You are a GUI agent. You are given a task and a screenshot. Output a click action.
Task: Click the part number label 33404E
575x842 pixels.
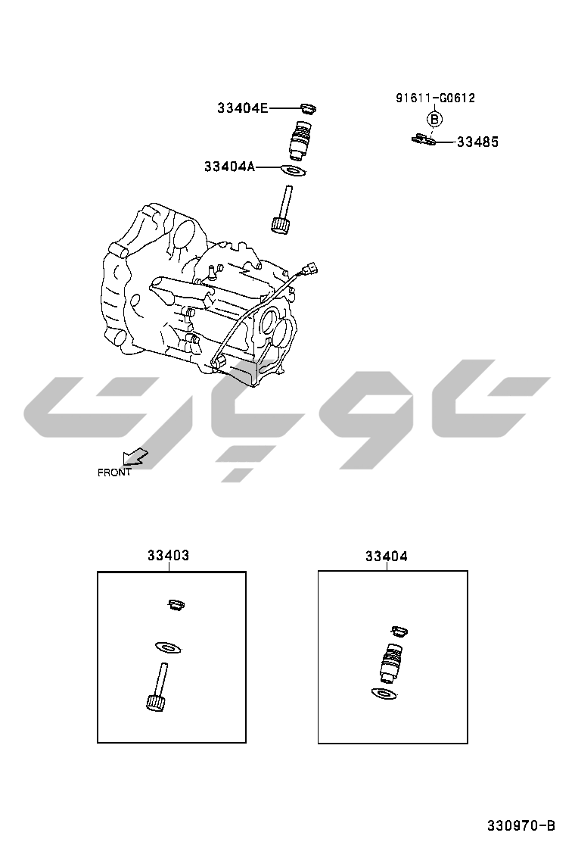tap(242, 108)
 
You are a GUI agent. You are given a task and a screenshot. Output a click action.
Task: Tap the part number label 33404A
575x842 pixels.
tap(229, 167)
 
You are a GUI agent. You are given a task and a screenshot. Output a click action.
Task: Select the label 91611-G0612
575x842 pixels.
tap(436, 98)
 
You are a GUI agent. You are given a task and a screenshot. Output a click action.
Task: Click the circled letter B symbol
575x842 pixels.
tap(434, 119)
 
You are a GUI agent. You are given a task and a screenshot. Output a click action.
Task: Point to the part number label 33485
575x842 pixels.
tap(477, 142)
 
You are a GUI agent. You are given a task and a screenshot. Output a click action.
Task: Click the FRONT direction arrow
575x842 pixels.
tap(135, 457)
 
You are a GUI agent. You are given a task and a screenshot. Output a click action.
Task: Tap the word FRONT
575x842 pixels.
tap(114, 472)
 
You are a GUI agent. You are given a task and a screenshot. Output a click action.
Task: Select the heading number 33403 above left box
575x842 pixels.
tap(169, 555)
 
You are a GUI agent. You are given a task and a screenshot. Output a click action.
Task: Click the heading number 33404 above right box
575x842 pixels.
tap(386, 557)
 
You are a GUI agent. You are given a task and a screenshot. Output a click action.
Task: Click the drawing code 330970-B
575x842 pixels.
tap(521, 825)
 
